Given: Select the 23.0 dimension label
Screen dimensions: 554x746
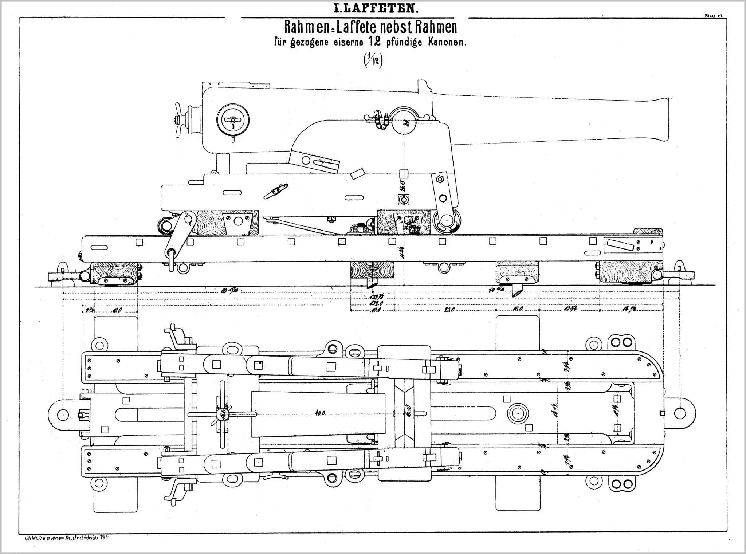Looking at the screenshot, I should pos(449,309).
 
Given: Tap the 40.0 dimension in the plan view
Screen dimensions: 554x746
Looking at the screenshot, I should pos(321,413).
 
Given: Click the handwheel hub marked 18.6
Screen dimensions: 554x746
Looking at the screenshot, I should pos(222,414).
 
